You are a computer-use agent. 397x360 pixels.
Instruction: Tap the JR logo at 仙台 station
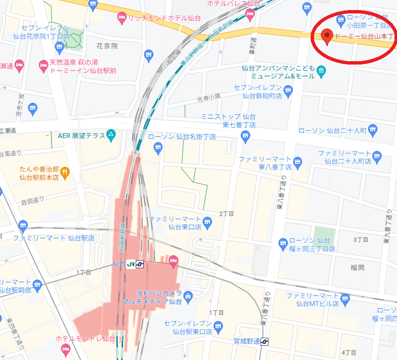(x=130, y=264)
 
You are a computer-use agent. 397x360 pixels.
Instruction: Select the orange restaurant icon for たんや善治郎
(x=65, y=171)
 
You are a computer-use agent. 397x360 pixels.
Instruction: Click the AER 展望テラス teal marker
(x=111, y=135)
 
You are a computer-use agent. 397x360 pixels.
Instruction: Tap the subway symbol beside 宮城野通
(x=265, y=342)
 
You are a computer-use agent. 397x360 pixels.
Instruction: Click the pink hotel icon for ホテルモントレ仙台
(x=65, y=349)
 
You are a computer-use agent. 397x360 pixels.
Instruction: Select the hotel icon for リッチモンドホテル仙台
(x=122, y=18)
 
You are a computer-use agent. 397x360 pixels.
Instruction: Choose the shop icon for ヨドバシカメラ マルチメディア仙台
(x=188, y=296)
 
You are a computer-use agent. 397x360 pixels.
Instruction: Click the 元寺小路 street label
(x=209, y=98)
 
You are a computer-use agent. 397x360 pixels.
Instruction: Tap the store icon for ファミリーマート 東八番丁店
(x=298, y=161)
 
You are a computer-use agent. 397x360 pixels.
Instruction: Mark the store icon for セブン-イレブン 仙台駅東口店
(x=217, y=326)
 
